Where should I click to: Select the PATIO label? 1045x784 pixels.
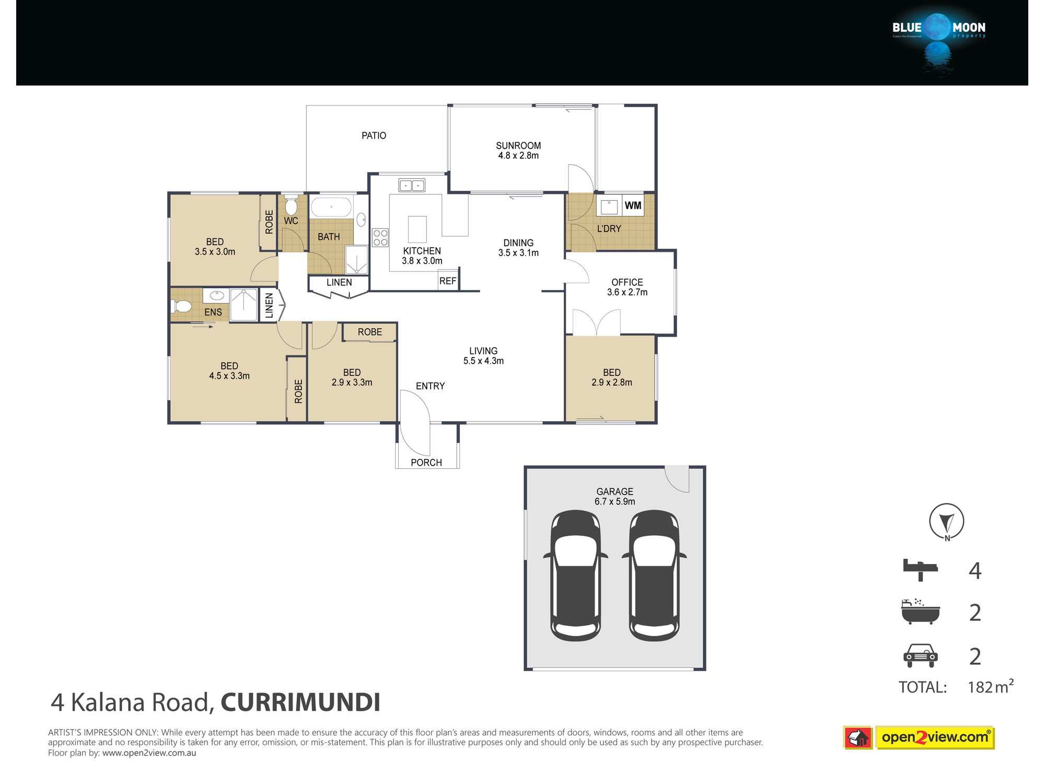(374, 135)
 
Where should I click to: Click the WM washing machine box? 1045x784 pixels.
(633, 205)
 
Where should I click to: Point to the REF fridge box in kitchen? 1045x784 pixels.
(448, 281)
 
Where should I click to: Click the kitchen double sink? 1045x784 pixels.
(412, 186)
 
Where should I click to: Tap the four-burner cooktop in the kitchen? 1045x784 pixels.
(380, 237)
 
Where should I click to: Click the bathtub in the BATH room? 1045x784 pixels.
(331, 207)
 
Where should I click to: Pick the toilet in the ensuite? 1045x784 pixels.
(181, 306)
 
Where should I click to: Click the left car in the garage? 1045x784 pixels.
(575, 575)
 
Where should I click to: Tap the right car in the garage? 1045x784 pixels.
(654, 575)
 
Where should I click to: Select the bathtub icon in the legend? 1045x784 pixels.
(921, 612)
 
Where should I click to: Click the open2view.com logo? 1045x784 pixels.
(919, 737)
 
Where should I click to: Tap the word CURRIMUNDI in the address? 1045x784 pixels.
(300, 702)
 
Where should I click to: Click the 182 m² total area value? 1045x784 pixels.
(991, 686)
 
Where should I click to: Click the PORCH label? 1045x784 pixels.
(426, 463)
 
